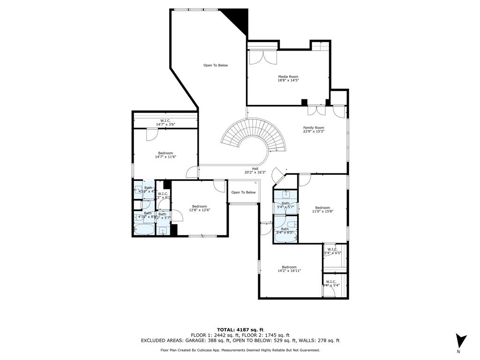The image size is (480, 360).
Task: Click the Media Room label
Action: pos(288,78)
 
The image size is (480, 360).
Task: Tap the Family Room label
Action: pos(314,129)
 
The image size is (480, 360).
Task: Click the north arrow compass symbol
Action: pos(460,341)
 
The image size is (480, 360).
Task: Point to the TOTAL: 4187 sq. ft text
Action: pos(240,329)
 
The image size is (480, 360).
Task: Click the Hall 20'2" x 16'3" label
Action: pos(255,170)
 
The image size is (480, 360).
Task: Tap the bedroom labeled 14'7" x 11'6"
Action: pos(165,155)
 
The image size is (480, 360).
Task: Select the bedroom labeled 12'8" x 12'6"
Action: pos(199,208)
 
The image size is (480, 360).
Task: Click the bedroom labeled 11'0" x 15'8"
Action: pos(322,210)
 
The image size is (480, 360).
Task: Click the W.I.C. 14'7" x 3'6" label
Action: pos(165,122)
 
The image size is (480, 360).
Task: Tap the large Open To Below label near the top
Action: pos(216,65)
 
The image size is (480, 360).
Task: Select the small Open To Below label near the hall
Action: pos(243,192)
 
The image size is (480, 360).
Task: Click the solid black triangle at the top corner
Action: pos(237,19)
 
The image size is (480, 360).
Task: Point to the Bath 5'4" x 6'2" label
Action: pos(285,231)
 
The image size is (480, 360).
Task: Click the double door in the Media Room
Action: pos(262,57)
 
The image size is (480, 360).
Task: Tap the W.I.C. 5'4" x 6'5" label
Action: pos(332,251)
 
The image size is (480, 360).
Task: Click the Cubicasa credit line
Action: pos(240,350)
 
